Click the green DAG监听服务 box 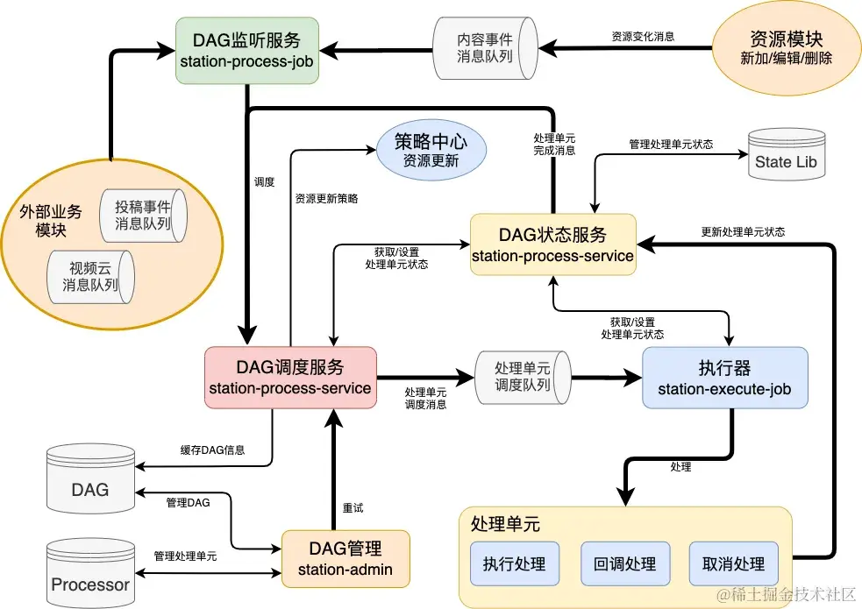(x=246, y=50)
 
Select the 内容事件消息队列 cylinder (x=484, y=47)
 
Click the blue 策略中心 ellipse (x=430, y=151)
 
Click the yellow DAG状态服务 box (x=552, y=244)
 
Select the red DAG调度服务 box (x=290, y=377)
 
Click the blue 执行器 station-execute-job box (x=724, y=377)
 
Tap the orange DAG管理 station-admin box (x=346, y=559)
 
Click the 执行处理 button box (x=514, y=563)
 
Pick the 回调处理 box (x=624, y=563)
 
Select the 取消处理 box (x=733, y=563)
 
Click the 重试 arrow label (x=353, y=508)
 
